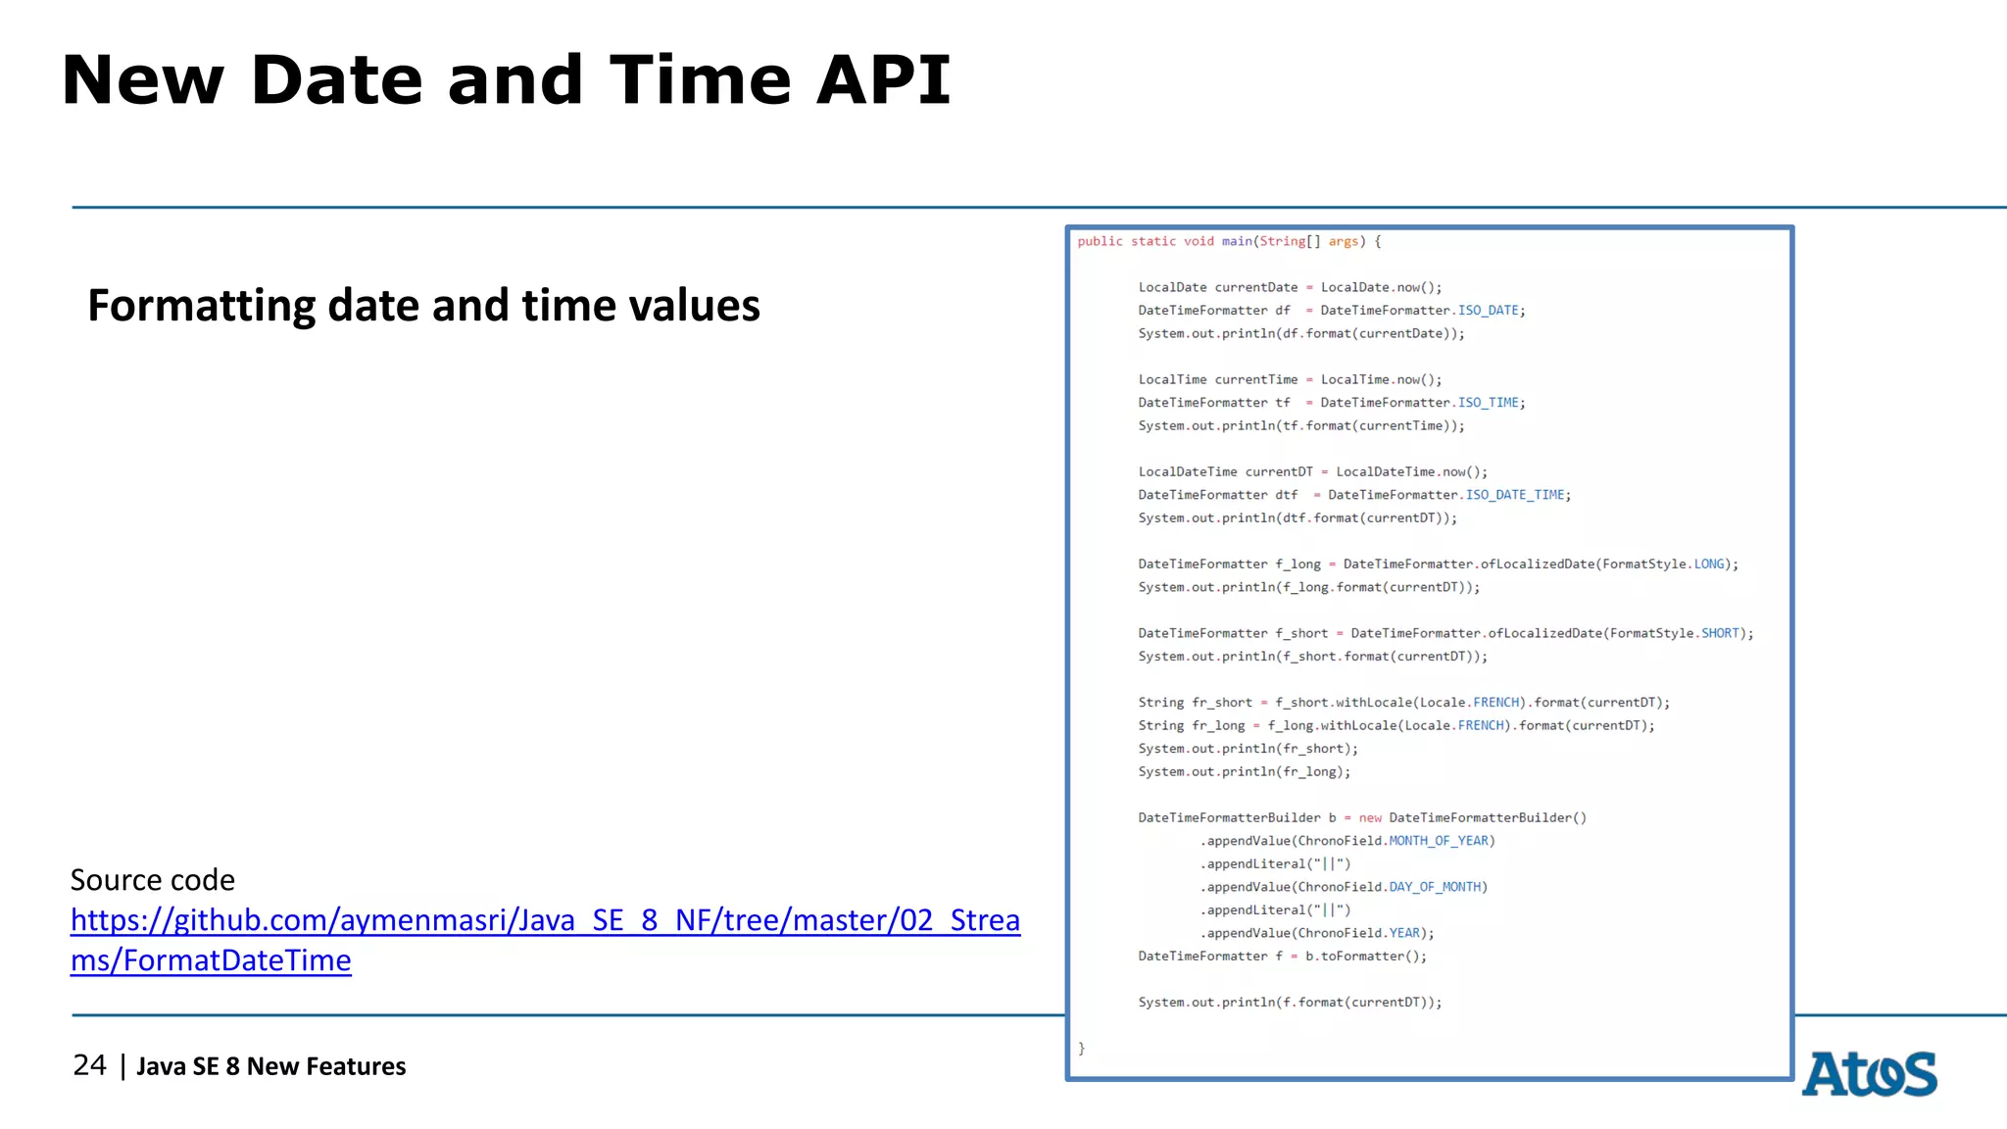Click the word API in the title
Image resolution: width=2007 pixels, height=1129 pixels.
[x=883, y=80]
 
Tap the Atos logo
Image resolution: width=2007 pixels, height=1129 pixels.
[x=1869, y=1074]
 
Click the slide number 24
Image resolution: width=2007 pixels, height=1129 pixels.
[x=89, y=1065]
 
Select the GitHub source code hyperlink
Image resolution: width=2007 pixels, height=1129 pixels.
[x=545, y=921]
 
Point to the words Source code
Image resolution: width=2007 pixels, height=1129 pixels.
[x=152, y=880]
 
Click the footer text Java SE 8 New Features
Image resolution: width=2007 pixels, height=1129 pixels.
[x=270, y=1066]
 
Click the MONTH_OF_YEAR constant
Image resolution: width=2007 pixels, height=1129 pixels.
[x=1438, y=841]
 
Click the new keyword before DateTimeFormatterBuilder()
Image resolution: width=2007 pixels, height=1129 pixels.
[x=1369, y=818]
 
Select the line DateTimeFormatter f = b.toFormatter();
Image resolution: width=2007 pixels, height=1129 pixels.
[x=1281, y=957]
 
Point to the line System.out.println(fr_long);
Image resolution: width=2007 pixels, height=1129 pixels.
[x=1244, y=772]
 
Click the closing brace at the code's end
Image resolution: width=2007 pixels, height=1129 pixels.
[x=1082, y=1049]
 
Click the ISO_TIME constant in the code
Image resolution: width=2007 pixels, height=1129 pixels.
[x=1488, y=403]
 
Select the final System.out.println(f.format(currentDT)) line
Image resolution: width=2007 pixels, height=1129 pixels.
[x=1289, y=1003]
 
